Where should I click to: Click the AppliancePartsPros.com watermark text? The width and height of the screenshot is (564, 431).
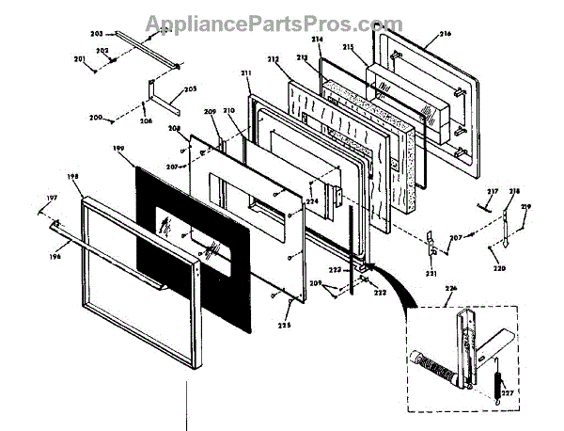[x=281, y=22]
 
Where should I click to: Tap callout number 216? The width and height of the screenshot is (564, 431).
[x=444, y=34]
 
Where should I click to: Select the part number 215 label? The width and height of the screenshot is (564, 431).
[x=375, y=47]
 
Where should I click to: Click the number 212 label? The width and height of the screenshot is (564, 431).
[x=274, y=60]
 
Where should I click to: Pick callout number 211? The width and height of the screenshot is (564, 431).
[x=246, y=73]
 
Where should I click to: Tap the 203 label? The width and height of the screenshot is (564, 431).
[x=122, y=34]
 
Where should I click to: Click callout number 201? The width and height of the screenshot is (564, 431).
[x=80, y=59]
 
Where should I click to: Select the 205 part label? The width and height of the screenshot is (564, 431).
[x=190, y=89]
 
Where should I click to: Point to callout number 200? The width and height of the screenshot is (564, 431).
[x=95, y=119]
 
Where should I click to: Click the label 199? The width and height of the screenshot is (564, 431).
[x=118, y=149]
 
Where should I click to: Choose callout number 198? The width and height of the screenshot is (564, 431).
[x=73, y=176]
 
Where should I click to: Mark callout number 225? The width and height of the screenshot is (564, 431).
[x=283, y=325]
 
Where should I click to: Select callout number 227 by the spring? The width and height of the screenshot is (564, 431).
[x=507, y=393]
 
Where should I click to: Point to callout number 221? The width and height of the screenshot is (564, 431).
[x=431, y=273]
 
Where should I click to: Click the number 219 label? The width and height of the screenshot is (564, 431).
[x=525, y=206]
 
